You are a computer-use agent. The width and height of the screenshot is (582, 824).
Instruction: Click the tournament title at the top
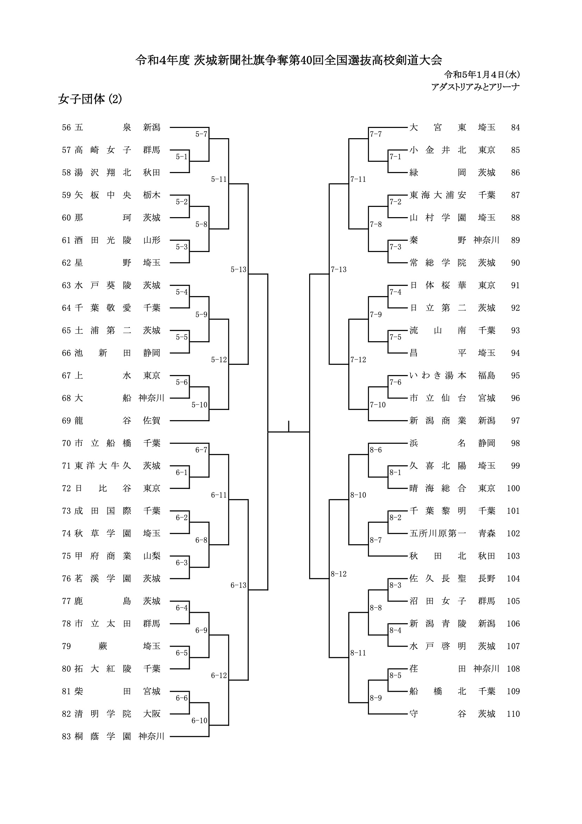tap(289, 60)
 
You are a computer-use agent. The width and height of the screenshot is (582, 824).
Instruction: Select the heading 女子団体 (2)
tap(90, 99)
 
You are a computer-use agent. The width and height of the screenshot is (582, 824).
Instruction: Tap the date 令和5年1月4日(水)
tap(482, 75)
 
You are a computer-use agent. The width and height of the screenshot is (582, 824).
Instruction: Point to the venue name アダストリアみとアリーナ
tap(476, 87)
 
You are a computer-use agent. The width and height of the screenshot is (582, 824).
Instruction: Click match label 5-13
tap(238, 270)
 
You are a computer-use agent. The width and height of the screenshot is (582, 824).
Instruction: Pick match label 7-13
tap(338, 270)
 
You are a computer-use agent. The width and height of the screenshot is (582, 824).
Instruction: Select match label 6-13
tap(238, 585)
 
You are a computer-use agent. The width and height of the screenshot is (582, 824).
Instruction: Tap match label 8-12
tap(338, 574)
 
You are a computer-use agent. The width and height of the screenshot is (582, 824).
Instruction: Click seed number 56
tap(66, 127)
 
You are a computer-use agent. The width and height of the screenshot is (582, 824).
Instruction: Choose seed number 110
tap(513, 714)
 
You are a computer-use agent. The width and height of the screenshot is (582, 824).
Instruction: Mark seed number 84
tap(515, 127)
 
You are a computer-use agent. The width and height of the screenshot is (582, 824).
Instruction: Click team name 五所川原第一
tap(438, 533)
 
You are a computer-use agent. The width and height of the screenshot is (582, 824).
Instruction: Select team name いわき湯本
tap(438, 375)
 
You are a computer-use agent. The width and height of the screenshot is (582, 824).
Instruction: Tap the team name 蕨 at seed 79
tap(103, 646)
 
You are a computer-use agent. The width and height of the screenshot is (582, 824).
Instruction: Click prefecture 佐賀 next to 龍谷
tap(152, 420)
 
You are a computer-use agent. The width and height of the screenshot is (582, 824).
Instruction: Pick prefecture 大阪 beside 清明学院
tap(152, 714)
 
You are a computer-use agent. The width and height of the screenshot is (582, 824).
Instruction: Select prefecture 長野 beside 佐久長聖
tap(487, 578)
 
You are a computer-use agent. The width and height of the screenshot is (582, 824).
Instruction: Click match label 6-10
tap(199, 721)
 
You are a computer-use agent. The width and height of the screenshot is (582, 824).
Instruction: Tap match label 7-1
tap(395, 157)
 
